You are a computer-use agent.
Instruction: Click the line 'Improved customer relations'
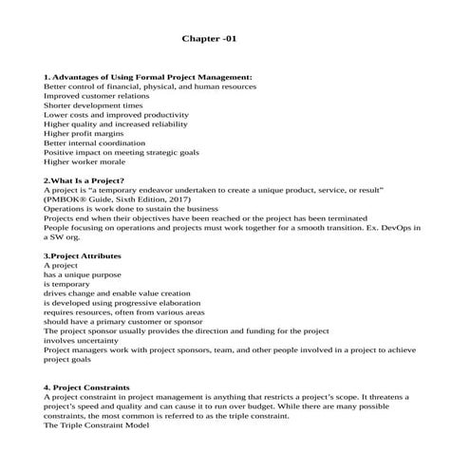[96, 95]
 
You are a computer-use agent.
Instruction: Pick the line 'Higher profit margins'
[84, 133]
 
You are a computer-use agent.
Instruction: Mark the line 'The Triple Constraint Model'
[97, 424]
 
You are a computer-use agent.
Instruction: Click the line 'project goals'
[67, 360]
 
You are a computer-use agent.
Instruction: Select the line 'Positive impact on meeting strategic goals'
[122, 152]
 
